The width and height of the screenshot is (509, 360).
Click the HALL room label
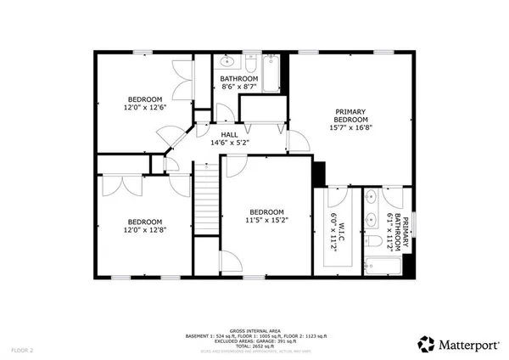[x=229, y=134]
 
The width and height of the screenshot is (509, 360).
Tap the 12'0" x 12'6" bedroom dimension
[x=144, y=108]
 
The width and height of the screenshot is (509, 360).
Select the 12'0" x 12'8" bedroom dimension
[x=143, y=229]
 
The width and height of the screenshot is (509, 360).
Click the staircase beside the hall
[x=207, y=203]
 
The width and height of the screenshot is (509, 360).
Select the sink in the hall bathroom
[x=226, y=62]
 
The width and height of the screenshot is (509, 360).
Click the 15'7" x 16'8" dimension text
[x=351, y=128]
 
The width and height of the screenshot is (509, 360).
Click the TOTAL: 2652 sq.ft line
[x=255, y=346]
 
